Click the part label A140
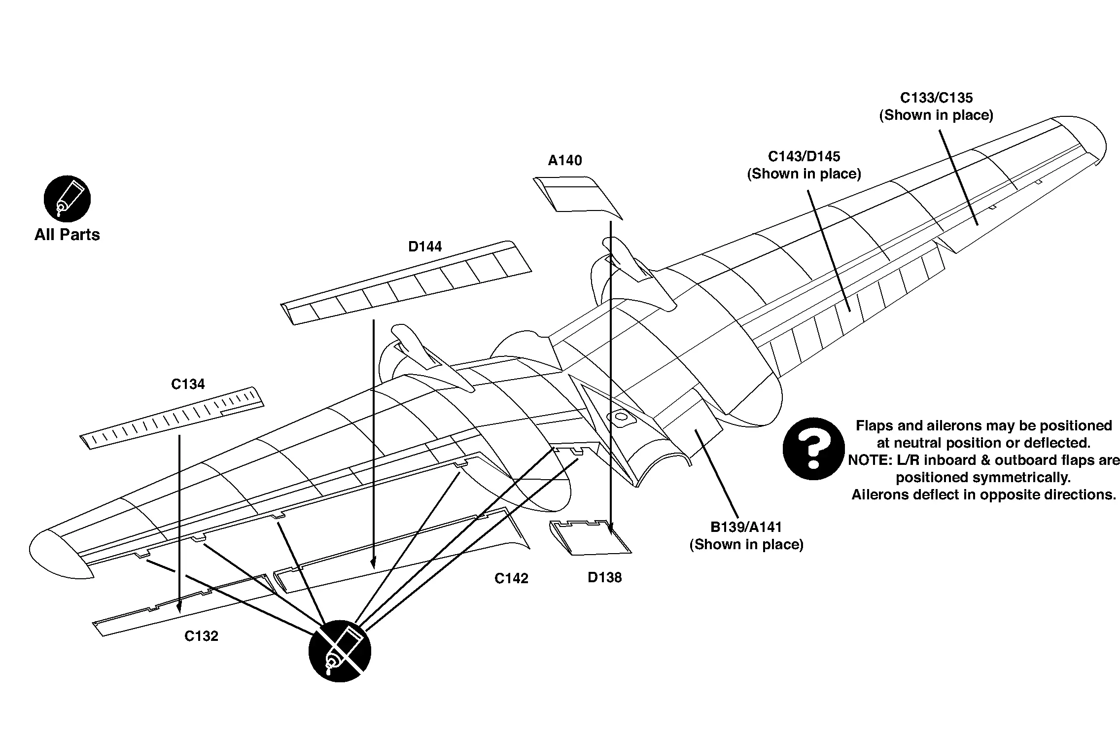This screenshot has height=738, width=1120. (565, 160)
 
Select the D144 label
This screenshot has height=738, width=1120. (425, 246)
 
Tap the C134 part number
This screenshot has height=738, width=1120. (188, 384)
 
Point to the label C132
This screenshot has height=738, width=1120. (201, 636)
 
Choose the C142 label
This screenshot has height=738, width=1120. (511, 578)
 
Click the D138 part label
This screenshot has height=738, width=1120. (604, 577)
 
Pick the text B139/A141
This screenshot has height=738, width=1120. (746, 527)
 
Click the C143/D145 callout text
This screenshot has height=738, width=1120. (804, 156)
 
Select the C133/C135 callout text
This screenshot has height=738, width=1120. (936, 98)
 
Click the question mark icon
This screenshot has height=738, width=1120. (813, 448)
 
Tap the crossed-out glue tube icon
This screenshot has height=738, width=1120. (339, 651)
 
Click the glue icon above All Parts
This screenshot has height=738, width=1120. (67, 198)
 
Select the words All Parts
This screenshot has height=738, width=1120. (67, 235)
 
